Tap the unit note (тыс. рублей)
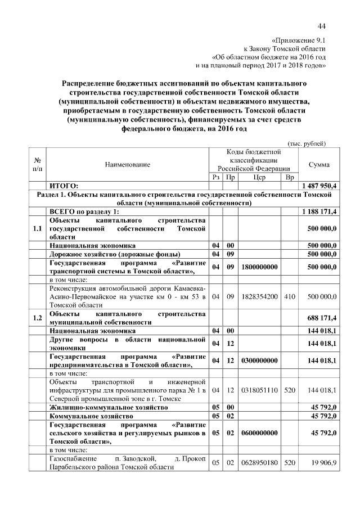pos(307,143)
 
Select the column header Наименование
pos(128,164)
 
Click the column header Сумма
pos(319,164)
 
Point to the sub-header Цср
pos(259,177)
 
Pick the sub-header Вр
pos(289,177)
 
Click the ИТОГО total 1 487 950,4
pos(319,186)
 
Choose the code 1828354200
pos(259,296)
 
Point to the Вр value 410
pos(289,296)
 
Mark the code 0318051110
pos(259,389)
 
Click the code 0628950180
pos(259,462)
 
